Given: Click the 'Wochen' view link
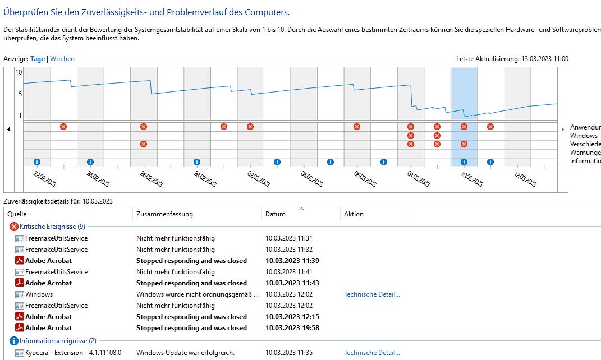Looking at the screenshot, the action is [62, 59].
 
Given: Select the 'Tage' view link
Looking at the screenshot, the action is [38, 59].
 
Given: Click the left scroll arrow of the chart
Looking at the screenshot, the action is [8, 130].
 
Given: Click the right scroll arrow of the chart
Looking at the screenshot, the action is [563, 130].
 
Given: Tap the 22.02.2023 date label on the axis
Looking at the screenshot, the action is [45, 179].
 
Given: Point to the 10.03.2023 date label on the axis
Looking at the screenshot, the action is [472, 179].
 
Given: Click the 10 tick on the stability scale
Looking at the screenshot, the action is [19, 72].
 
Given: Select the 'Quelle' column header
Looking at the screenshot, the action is [17, 214].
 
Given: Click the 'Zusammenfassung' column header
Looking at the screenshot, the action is [164, 214].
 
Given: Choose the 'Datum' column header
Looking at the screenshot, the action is [275, 214].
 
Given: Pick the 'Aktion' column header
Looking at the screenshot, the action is [354, 214].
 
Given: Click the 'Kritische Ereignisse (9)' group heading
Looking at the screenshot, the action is [52, 227].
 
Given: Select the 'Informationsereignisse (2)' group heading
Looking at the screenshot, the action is [58, 341].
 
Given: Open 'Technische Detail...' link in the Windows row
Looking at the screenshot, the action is [372, 294].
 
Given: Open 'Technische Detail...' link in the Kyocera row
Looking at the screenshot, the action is [372, 353].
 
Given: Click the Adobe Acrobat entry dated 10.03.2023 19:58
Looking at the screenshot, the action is [48, 328].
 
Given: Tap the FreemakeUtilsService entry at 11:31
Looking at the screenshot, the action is [56, 238].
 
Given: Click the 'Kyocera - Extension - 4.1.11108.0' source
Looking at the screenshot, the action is [73, 353].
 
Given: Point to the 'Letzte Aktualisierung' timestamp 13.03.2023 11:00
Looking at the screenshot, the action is [545, 59].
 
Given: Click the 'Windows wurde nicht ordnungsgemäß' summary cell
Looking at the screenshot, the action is [198, 294].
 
